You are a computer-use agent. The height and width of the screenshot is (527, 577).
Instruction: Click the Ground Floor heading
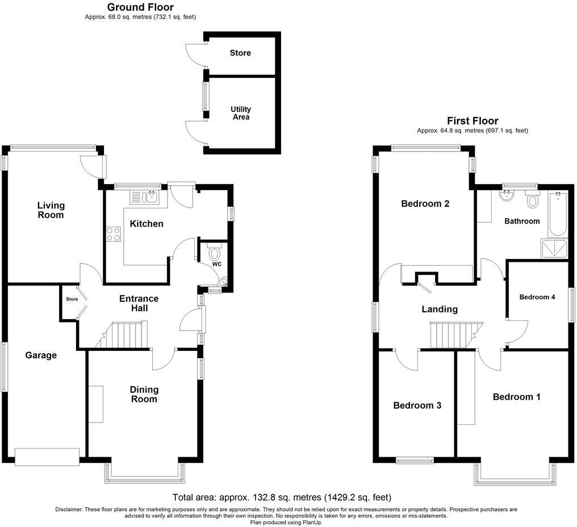tap(140, 7)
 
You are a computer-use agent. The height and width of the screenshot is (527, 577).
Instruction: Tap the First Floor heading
tap(473, 121)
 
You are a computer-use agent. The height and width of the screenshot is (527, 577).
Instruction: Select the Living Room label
tap(51, 210)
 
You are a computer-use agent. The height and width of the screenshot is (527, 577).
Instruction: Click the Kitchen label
tap(147, 224)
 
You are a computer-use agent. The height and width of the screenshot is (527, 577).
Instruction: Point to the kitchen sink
tap(151, 197)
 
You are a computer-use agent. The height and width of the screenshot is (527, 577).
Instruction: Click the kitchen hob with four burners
tap(113, 233)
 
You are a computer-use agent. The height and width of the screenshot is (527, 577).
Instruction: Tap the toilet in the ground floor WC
tap(215, 252)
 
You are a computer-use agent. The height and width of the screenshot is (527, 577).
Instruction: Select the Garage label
tap(41, 355)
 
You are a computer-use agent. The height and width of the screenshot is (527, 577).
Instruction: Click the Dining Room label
tap(144, 394)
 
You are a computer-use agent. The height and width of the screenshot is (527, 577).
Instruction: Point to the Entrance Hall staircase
tap(127, 334)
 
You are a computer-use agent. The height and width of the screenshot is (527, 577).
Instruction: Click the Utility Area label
tap(241, 113)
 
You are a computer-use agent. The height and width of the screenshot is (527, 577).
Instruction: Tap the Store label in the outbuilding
tap(240, 53)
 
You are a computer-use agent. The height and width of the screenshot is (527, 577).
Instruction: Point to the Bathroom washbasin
tap(505, 196)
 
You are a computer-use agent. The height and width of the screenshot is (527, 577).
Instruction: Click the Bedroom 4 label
tap(537, 297)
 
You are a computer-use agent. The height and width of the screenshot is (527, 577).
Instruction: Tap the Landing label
tap(440, 309)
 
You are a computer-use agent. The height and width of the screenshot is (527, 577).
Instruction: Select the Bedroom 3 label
tap(417, 405)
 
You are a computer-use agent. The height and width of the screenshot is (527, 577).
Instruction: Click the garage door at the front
tap(47, 457)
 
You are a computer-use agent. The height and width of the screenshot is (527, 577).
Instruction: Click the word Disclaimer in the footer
tap(69, 509)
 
